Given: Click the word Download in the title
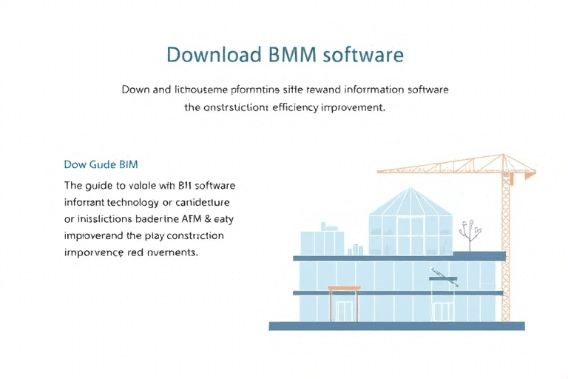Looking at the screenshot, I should coord(214,55).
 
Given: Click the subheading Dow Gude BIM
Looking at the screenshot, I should coord(101,164).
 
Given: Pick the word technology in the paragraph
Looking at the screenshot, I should coord(141,201).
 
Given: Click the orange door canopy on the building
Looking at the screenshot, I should coord(344,289).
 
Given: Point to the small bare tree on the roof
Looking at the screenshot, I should coord(465,235).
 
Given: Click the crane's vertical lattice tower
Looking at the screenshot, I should coord(507,244).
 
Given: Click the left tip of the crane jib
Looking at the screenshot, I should coord(379,172).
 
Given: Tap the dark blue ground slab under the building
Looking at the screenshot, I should coord(396,326).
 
